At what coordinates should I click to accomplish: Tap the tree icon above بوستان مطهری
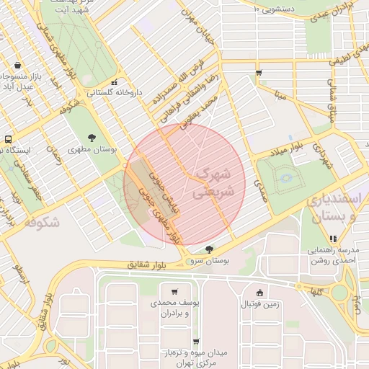[92, 137]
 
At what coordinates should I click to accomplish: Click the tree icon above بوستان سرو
[209, 249]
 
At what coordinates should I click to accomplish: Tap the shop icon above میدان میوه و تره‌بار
[195, 342]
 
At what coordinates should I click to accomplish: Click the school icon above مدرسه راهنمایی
[332, 239]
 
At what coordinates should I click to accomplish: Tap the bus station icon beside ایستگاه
[8, 138]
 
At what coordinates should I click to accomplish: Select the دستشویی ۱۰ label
[277, 9]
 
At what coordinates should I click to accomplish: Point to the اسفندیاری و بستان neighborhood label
[331, 208]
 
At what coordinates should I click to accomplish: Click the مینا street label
[280, 94]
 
